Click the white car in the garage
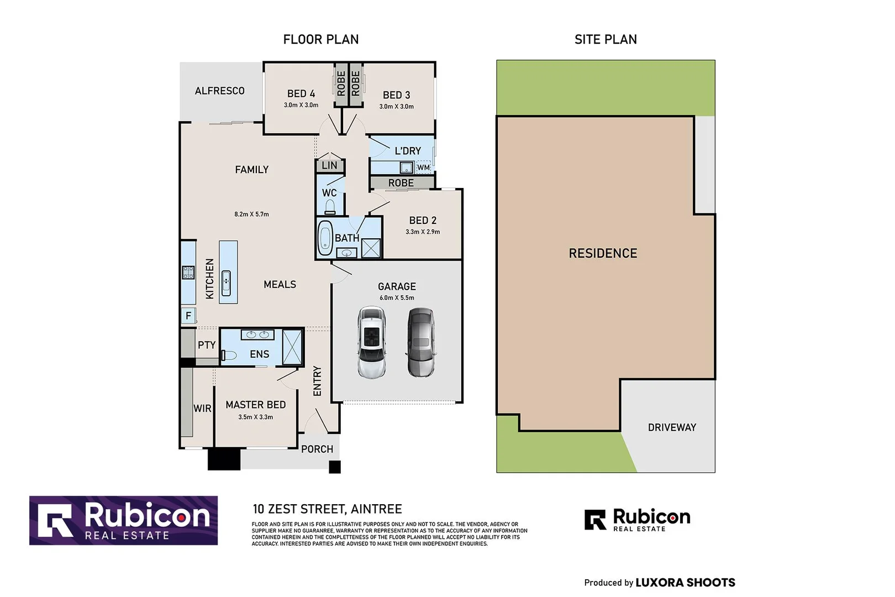tap(371, 342)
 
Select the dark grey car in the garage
tap(421, 342)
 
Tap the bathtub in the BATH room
tap(325, 238)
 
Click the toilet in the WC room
tap(330, 207)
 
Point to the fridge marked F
tap(188, 316)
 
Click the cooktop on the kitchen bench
tap(188, 273)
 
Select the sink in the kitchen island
tap(226, 282)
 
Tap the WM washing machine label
tap(424, 167)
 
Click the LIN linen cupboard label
tap(330, 165)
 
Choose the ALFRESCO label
tap(220, 91)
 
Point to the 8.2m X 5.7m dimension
tap(252, 214)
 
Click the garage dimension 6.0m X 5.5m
tap(397, 297)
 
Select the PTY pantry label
tap(207, 345)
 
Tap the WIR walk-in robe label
tap(202, 409)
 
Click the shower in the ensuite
tap(292, 347)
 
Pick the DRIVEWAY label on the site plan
tap(672, 427)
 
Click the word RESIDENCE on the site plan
tap(603, 253)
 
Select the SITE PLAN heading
tap(606, 39)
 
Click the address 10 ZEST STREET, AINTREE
tap(327, 509)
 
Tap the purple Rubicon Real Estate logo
tap(123, 521)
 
